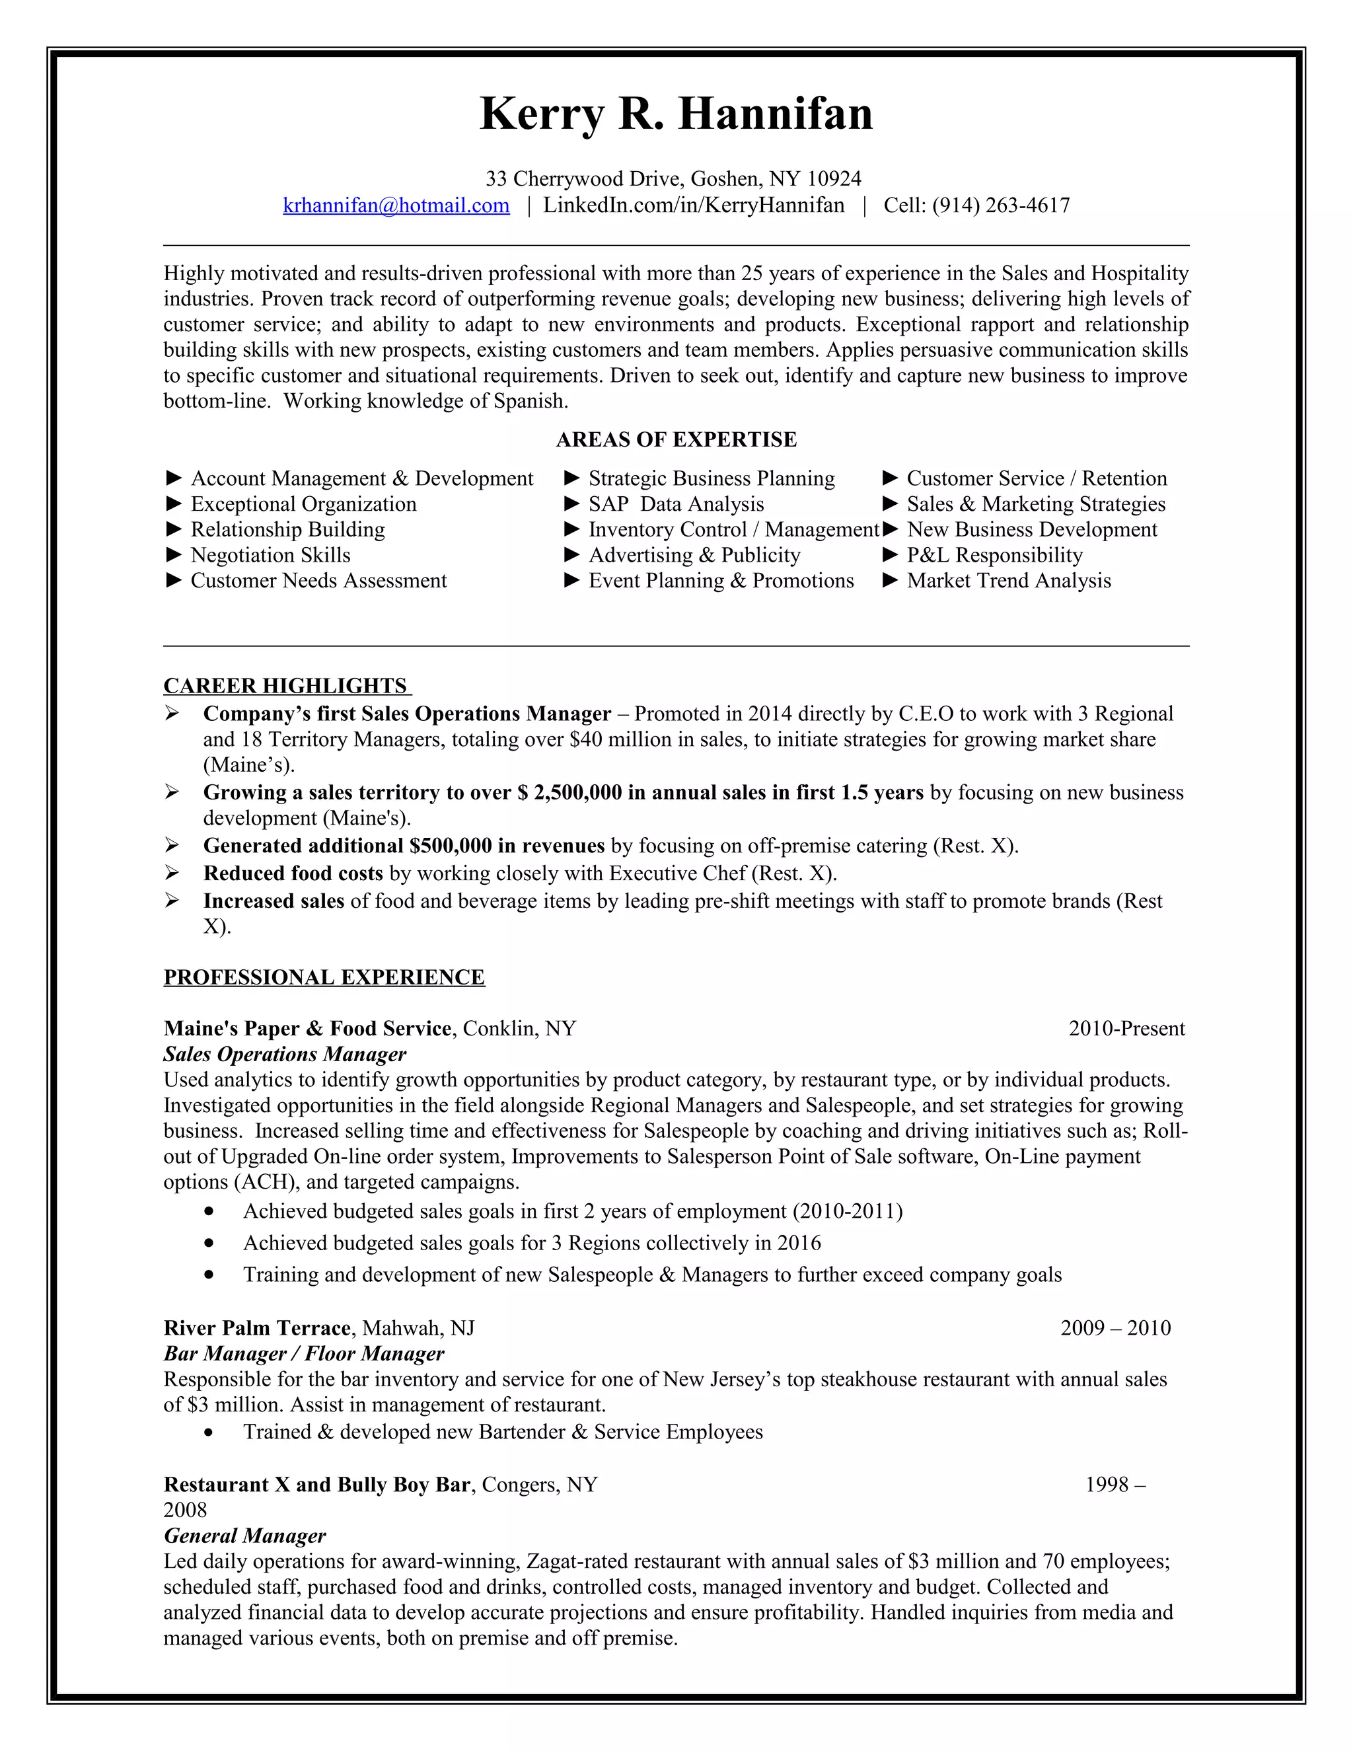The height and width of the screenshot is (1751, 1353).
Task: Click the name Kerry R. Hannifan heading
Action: (x=676, y=114)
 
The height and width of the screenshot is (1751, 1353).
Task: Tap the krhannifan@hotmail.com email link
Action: (x=396, y=205)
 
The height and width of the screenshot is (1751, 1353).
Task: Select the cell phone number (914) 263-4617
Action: (x=1000, y=205)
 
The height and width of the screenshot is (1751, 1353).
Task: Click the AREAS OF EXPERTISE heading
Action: (x=676, y=439)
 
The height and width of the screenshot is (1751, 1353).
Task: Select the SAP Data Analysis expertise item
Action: (x=676, y=504)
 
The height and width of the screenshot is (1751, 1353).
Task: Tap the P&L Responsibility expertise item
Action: (x=994, y=555)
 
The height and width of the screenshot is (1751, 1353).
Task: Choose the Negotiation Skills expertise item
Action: (x=270, y=555)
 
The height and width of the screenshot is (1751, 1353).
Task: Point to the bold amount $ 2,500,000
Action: (x=570, y=792)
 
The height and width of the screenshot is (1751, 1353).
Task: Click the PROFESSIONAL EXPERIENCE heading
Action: (x=324, y=977)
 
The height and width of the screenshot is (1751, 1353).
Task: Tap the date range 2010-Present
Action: (x=1126, y=1029)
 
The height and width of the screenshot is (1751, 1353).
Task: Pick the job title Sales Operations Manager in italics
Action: (x=285, y=1055)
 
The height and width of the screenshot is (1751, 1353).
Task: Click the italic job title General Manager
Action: (x=244, y=1536)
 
